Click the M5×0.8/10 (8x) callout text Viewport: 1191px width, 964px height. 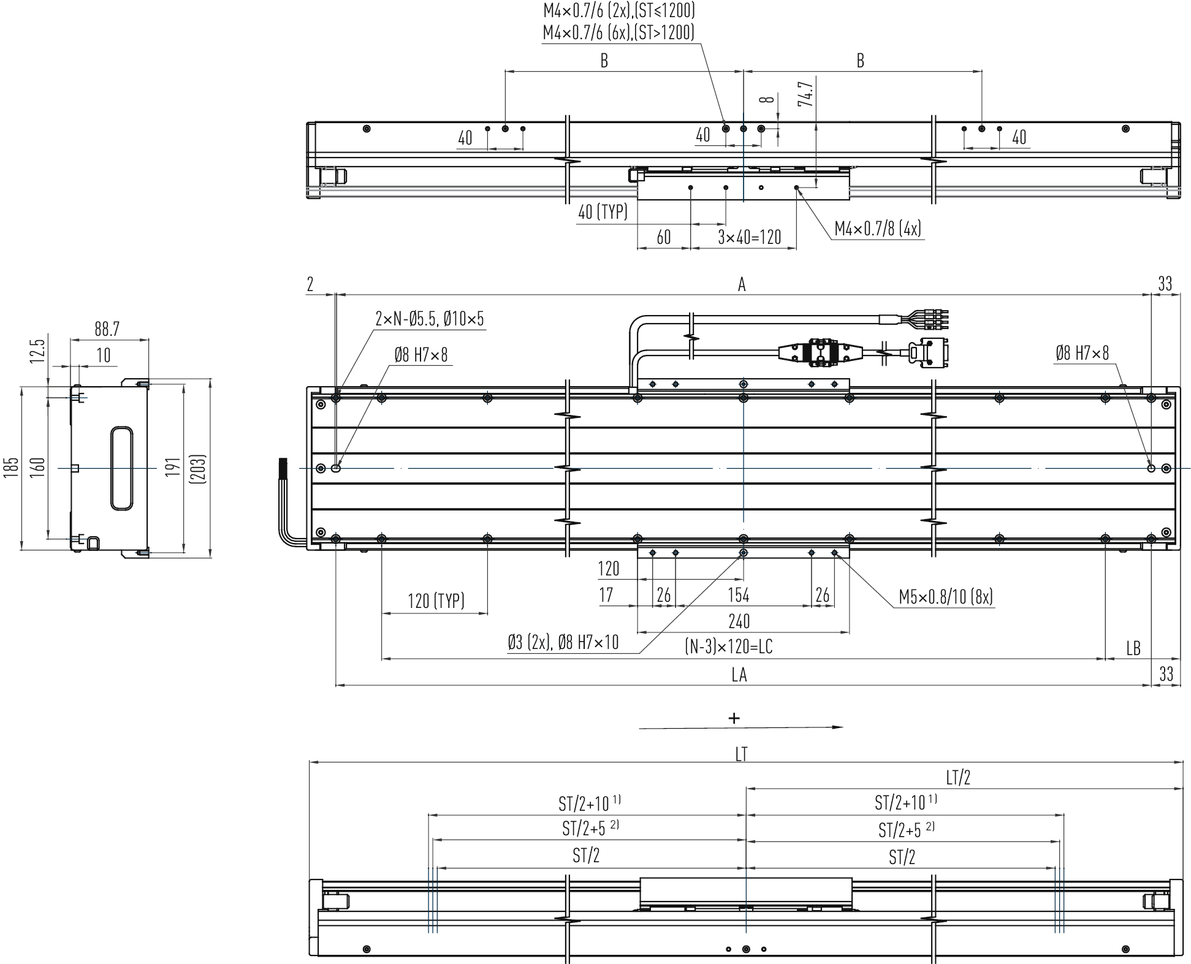coord(946,596)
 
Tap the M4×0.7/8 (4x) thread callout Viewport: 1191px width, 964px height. coord(878,229)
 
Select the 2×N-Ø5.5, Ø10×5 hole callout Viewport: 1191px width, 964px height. coord(430,319)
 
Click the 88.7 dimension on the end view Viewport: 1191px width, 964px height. coord(107,329)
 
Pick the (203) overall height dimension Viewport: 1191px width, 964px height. coord(198,469)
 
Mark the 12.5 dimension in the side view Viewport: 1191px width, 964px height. coord(37,351)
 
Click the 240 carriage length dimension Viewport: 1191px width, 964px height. coord(739,621)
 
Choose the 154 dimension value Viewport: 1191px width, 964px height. coord(739,595)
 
